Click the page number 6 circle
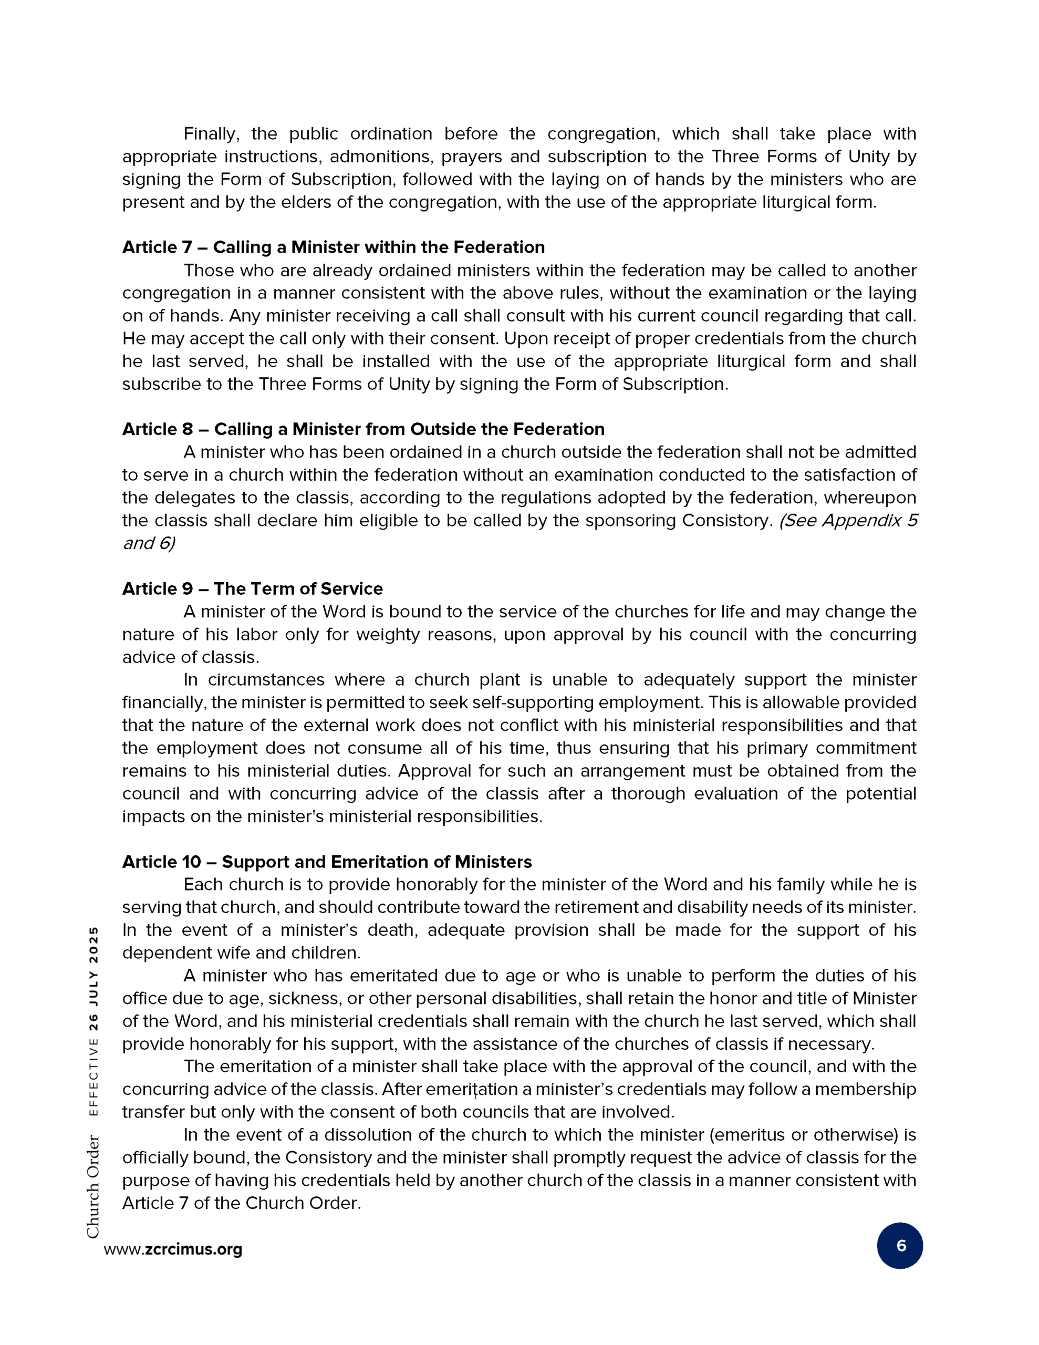click(x=899, y=1246)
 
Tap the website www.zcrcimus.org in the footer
click(x=173, y=1249)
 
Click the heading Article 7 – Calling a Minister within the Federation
click(x=333, y=247)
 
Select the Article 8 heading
click(x=363, y=429)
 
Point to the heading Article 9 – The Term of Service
click(x=252, y=589)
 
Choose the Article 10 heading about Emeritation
click(x=326, y=862)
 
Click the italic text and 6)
click(x=149, y=543)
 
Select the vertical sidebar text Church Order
click(x=93, y=1187)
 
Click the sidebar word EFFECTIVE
click(x=93, y=1078)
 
